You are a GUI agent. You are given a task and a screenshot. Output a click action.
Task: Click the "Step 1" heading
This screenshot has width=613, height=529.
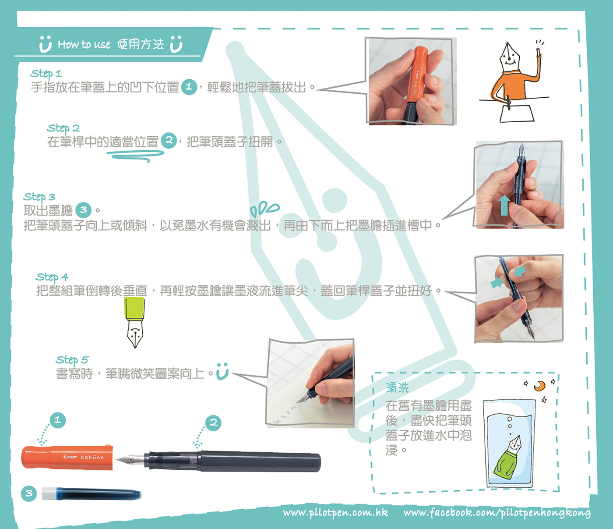click(46, 73)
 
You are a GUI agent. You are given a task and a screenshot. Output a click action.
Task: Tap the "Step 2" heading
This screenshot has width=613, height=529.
click(63, 128)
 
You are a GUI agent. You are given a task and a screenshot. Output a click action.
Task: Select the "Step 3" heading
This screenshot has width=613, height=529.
click(39, 197)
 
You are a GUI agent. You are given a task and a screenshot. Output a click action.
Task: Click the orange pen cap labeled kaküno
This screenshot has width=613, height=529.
click(67, 458)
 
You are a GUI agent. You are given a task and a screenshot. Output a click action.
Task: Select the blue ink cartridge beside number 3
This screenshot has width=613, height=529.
click(92, 493)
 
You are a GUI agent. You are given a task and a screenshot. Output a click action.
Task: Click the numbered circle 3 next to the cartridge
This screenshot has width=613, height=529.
click(29, 493)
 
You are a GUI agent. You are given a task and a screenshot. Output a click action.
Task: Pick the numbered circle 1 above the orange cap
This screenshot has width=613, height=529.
click(57, 420)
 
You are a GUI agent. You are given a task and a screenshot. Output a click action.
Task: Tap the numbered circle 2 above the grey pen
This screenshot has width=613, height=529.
click(213, 423)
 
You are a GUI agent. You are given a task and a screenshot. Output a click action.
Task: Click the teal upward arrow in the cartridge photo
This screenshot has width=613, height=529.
click(504, 205)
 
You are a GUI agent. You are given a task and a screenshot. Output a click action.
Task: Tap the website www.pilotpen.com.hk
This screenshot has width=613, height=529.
click(335, 513)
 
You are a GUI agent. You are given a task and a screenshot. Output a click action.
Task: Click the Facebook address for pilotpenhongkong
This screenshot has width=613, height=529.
click(497, 513)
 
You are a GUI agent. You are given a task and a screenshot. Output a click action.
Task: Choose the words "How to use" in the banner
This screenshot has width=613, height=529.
click(84, 45)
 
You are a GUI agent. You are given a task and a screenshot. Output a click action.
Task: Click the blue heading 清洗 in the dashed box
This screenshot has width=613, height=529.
click(397, 387)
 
